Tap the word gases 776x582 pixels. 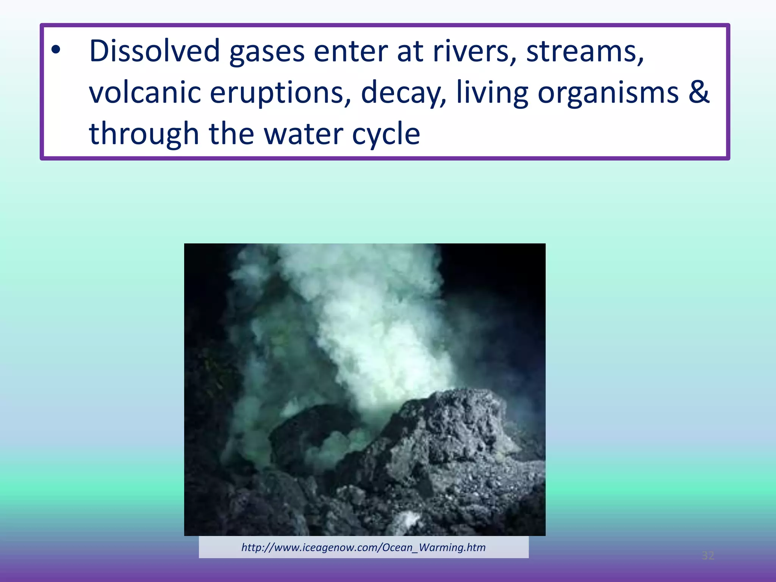pyautogui.click(x=267, y=52)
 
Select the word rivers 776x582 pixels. pyautogui.click(x=474, y=52)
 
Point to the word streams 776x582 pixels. pyautogui.click(x=585, y=52)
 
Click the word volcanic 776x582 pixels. pyautogui.click(x=145, y=92)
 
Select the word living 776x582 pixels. pyautogui.click(x=492, y=93)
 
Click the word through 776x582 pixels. pyautogui.click(x=144, y=134)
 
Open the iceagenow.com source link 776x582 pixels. pyautogui.click(x=363, y=547)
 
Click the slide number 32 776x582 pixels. pyautogui.click(x=708, y=555)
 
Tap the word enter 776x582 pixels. pyautogui.click(x=350, y=52)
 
